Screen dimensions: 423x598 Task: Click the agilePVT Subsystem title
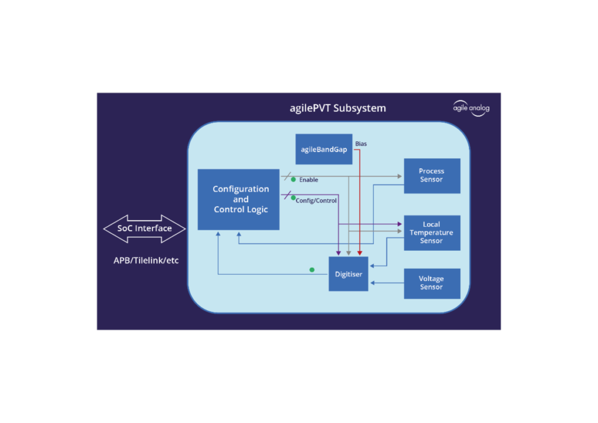coord(338,108)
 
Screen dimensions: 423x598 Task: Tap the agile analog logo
coord(471,109)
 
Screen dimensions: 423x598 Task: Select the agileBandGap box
coord(324,149)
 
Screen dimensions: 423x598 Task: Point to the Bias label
coord(361,144)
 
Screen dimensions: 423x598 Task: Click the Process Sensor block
coord(432,175)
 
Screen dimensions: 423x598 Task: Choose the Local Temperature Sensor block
coord(432,233)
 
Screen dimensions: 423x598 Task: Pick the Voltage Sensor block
coord(432,283)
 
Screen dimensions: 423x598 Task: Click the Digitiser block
coord(348,273)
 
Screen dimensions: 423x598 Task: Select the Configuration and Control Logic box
coord(238,199)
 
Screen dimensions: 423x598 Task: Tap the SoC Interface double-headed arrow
coord(144,228)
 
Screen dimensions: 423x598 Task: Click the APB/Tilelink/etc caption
coord(146,261)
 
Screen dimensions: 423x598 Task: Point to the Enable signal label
coord(309,180)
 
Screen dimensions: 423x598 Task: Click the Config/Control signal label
coord(316,200)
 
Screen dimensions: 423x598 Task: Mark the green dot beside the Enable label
coord(293,179)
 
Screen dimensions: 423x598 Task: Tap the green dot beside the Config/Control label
coord(293,197)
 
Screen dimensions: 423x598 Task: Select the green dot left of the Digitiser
coord(312,270)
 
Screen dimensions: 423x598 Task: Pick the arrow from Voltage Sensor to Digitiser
coord(387,283)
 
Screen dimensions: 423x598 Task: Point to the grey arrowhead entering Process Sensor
coord(400,176)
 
